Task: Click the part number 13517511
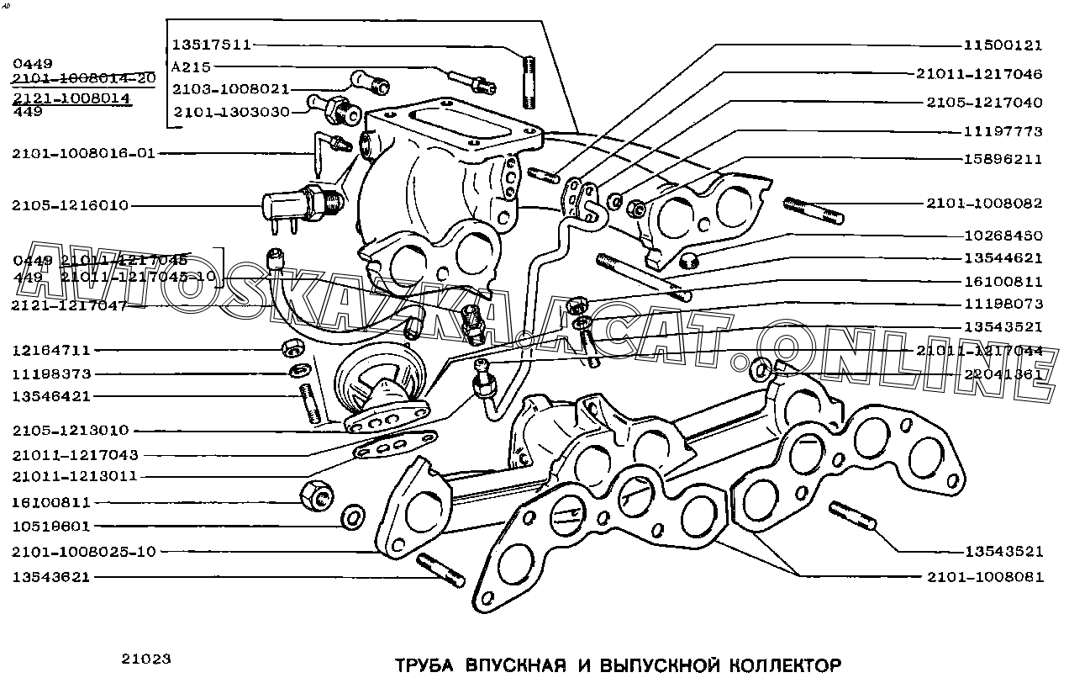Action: pos(212,45)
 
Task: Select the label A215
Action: pos(191,66)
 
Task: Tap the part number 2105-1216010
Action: pos(71,205)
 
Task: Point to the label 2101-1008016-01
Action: pos(84,153)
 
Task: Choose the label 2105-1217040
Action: pos(985,103)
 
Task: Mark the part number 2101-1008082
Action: pos(985,204)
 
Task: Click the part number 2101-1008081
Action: pos(985,577)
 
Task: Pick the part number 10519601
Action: pos(51,527)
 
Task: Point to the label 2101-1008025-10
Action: pos(84,552)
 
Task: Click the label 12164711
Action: pos(51,350)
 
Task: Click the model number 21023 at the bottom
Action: pos(146,659)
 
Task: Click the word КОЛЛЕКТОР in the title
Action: pos(781,666)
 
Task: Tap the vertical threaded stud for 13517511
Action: pos(529,82)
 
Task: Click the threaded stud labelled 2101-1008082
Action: pos(814,210)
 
